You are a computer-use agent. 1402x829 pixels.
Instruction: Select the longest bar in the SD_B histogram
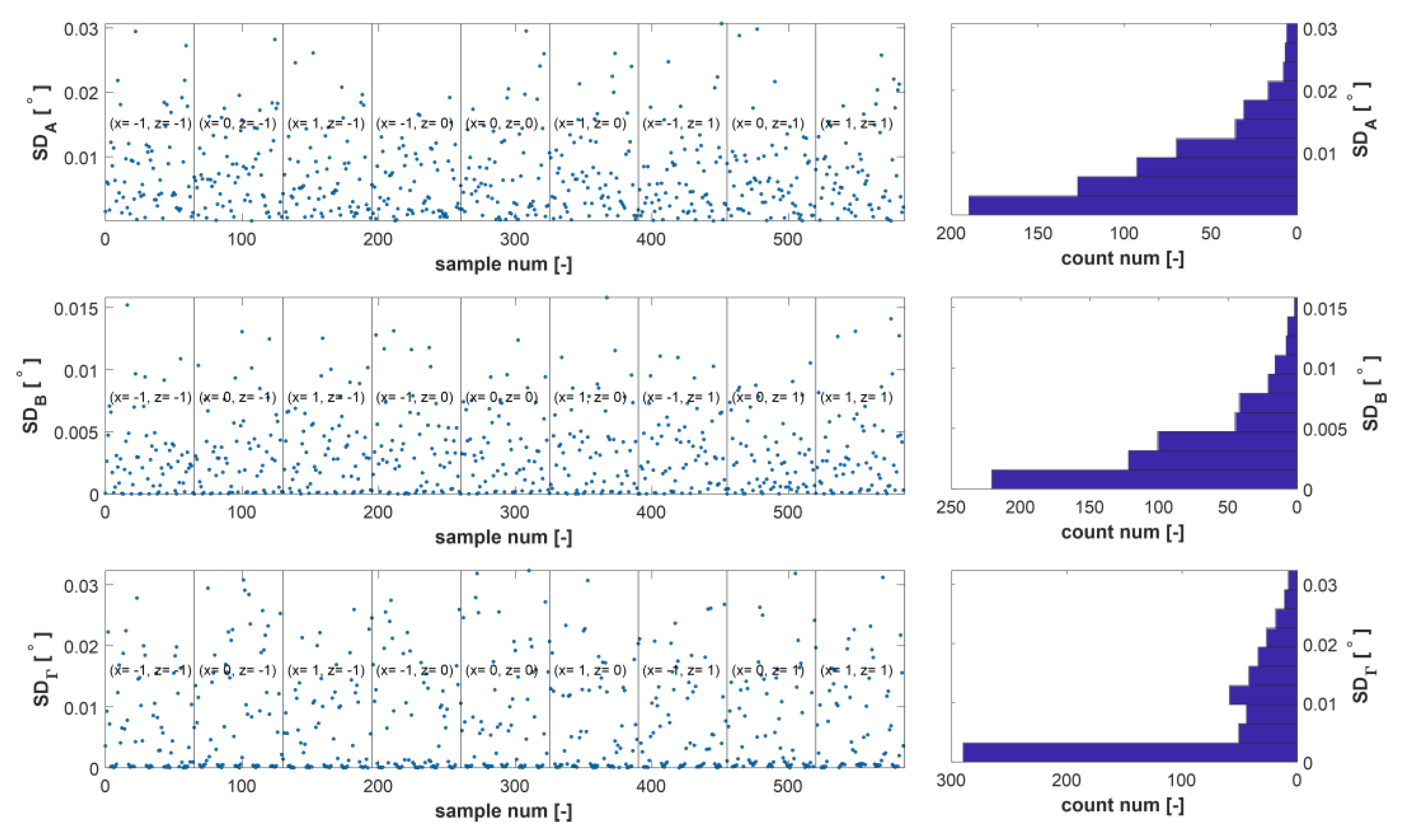pos(1143,479)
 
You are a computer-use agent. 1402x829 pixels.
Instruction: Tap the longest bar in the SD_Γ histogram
pos(1129,752)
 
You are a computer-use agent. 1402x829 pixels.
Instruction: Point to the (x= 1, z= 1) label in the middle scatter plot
pos(856,397)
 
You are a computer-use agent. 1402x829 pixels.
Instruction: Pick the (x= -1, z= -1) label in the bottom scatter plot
pos(150,670)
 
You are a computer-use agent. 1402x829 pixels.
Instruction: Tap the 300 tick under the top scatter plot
pos(514,240)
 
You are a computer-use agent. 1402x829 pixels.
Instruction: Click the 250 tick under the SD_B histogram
pos(951,507)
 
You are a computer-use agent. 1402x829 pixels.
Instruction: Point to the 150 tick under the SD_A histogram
pos(1038,234)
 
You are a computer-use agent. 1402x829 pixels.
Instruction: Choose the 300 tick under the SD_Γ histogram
pos(951,780)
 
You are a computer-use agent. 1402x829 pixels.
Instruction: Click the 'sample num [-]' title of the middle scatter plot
pos(503,537)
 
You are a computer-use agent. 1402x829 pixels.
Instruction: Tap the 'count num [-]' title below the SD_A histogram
pos(1122,259)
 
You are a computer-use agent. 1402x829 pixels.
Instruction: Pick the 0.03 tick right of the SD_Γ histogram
pos(1320,585)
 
